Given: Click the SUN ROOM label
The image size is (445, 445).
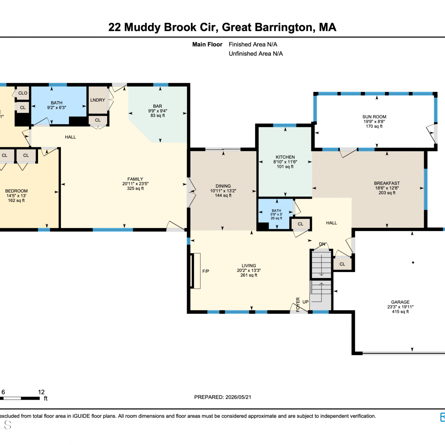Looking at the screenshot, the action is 374,117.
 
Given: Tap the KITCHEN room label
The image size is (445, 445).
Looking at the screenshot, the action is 285,157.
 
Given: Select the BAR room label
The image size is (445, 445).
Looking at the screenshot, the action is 158,106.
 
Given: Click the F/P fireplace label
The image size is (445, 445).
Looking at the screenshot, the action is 206,271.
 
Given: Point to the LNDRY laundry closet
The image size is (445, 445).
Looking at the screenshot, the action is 98,100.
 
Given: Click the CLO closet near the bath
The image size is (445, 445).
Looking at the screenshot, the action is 23,93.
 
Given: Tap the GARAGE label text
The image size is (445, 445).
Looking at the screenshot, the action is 400,302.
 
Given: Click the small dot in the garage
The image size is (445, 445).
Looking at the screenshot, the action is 413,263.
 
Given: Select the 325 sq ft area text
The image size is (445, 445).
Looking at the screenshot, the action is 135,188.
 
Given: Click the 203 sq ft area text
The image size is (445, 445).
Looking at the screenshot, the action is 387,193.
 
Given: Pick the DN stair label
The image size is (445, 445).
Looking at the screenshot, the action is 322,244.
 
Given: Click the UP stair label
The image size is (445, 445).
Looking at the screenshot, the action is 306,302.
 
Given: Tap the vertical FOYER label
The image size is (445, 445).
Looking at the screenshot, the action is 298,304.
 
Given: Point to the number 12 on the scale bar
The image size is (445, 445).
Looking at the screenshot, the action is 41,392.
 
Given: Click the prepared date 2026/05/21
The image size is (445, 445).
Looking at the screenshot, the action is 238,397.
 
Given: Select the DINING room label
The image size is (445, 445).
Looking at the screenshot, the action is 223,186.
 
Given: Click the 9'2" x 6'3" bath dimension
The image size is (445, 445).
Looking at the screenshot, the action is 57,108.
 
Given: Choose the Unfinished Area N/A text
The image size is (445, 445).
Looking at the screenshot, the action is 256,54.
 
